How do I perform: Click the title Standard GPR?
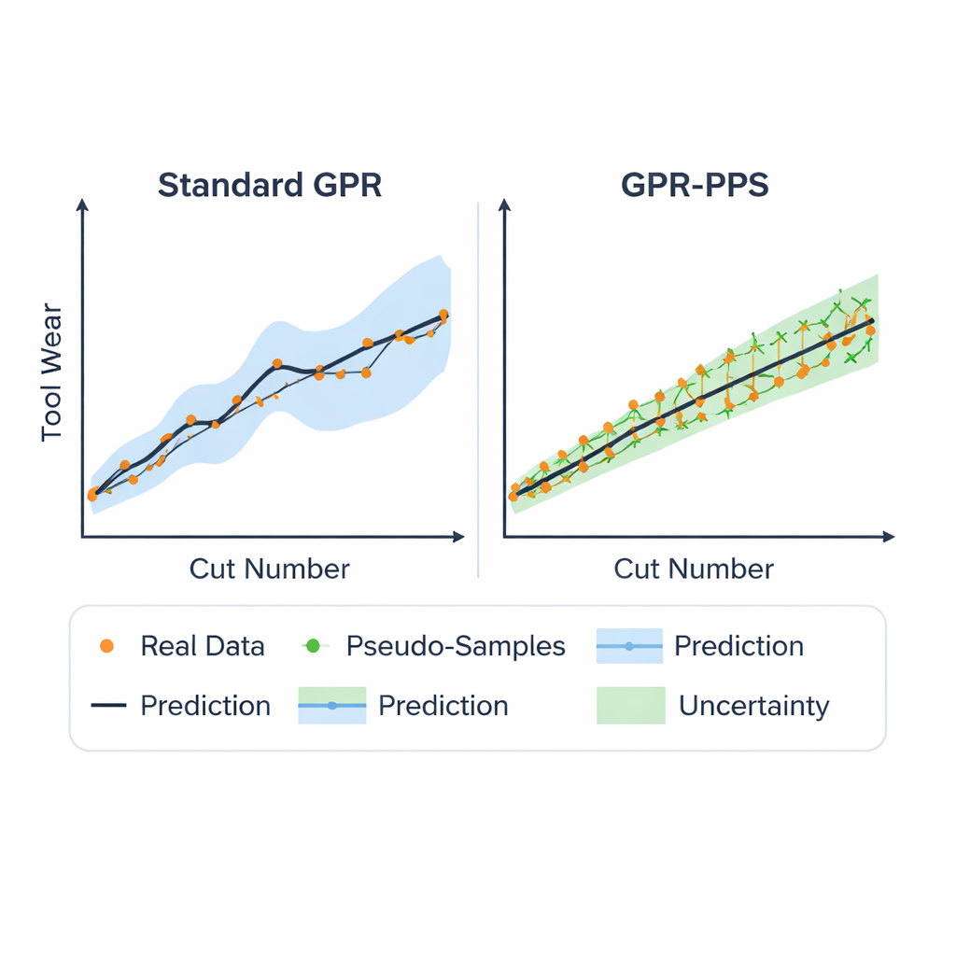[270, 185]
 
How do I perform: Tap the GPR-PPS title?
[695, 185]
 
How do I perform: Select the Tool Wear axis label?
[52, 373]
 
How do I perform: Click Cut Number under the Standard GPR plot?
[269, 569]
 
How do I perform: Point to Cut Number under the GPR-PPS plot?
[694, 569]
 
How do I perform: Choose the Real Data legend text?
[203, 646]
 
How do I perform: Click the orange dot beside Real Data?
[107, 646]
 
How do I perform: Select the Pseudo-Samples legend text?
[456, 646]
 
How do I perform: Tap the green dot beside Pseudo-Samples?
[313, 646]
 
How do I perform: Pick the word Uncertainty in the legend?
[753, 706]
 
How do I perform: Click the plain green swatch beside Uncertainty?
[630, 706]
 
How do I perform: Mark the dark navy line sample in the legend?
[108, 706]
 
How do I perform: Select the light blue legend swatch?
[628, 646]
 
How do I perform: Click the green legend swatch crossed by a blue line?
[331, 706]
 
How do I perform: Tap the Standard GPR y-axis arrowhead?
[83, 204]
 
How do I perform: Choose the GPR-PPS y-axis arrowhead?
[504, 204]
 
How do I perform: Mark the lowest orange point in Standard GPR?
[92, 496]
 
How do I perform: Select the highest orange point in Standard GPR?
[443, 315]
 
